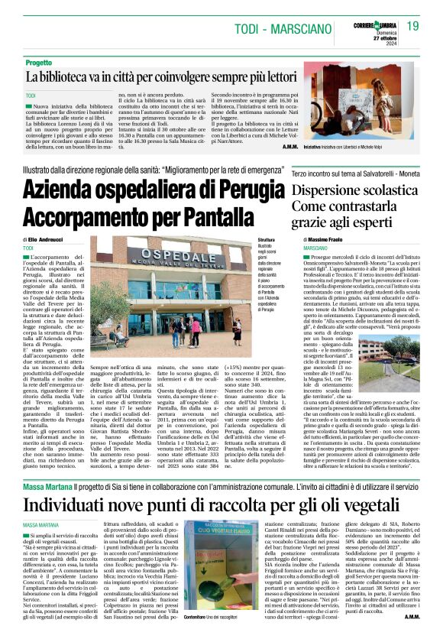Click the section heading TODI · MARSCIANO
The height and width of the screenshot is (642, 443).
click(279, 28)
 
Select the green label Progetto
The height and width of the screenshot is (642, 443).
click(39, 63)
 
